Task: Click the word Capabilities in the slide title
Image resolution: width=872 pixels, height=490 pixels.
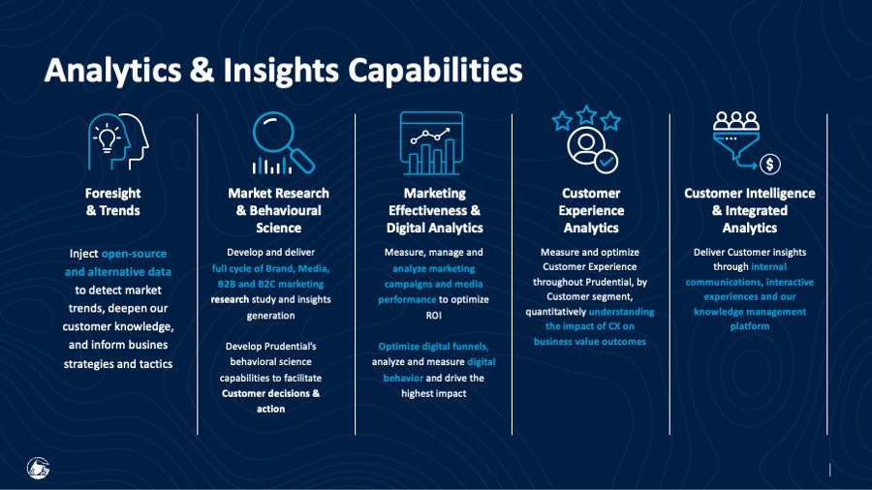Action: [x=435, y=71]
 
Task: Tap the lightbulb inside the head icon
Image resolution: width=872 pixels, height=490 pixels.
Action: [x=107, y=138]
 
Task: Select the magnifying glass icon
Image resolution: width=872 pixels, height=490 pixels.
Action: [x=283, y=142]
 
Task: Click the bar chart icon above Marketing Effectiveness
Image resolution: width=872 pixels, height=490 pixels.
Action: [x=431, y=143]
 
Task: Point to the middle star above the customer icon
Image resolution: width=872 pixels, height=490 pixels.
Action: [x=587, y=115]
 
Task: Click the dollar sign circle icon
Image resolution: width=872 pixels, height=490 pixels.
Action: [x=770, y=164]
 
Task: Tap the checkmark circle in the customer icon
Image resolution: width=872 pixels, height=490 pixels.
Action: [x=607, y=162]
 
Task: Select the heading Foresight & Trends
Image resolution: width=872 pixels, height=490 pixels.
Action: [x=113, y=201]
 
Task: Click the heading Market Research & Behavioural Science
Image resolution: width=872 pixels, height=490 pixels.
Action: [x=279, y=210]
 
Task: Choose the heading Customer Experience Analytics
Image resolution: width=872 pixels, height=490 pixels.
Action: [x=591, y=210]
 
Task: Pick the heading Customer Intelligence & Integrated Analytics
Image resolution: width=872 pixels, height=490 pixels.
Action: [x=750, y=210]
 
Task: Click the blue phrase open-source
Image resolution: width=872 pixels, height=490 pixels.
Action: [x=134, y=254]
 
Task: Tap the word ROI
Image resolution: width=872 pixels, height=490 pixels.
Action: [x=434, y=316]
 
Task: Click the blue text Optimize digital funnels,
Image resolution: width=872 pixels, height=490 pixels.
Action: [x=433, y=347]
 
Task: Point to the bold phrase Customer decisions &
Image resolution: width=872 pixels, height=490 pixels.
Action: [x=271, y=393]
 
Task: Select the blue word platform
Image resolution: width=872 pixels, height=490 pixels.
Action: [x=750, y=326]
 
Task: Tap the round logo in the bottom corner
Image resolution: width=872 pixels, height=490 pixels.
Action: [x=39, y=468]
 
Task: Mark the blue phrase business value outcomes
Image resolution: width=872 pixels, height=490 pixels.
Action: [x=590, y=342]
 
